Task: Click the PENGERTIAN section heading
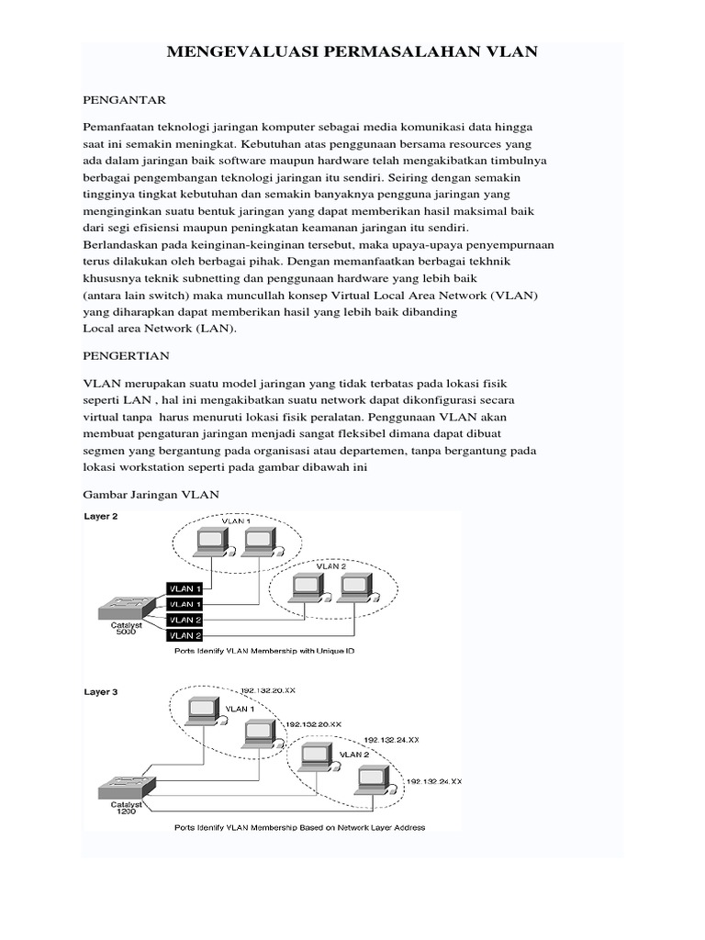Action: (126, 354)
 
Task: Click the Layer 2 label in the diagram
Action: (101, 517)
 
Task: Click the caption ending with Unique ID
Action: (263, 650)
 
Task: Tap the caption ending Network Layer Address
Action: (300, 827)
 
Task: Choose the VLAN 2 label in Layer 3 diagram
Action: (355, 754)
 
